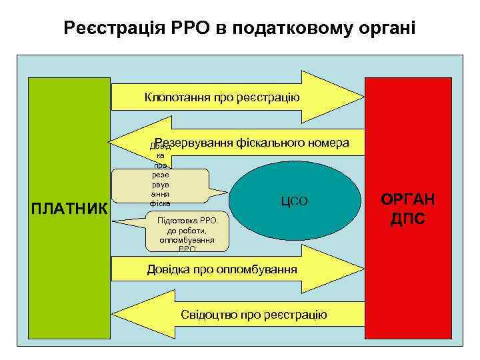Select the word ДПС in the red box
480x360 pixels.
pyautogui.click(x=407, y=219)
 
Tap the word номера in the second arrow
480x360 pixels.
pyautogui.click(x=325, y=143)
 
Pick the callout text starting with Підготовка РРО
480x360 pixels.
pyautogui.click(x=187, y=235)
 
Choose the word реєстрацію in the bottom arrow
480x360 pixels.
pyautogui.click(x=295, y=315)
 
